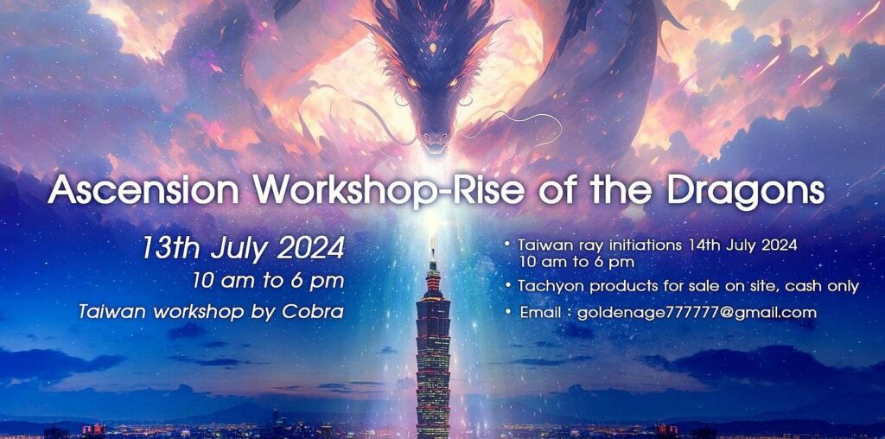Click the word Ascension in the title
point(143,190)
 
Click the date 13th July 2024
point(243,248)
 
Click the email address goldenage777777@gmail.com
point(697,313)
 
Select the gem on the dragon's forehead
point(433,48)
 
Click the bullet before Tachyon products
point(508,287)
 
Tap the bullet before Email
point(508,312)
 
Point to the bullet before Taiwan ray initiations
point(508,245)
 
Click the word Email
point(540,313)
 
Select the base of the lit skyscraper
point(433,433)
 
